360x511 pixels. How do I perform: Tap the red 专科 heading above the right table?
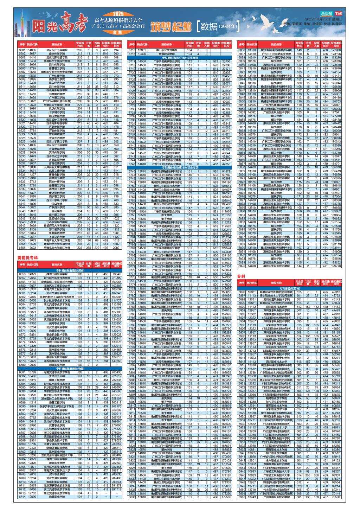pos(241,276)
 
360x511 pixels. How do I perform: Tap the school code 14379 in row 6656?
pos(32,274)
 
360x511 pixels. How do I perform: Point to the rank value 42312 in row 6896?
pos(336,292)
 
